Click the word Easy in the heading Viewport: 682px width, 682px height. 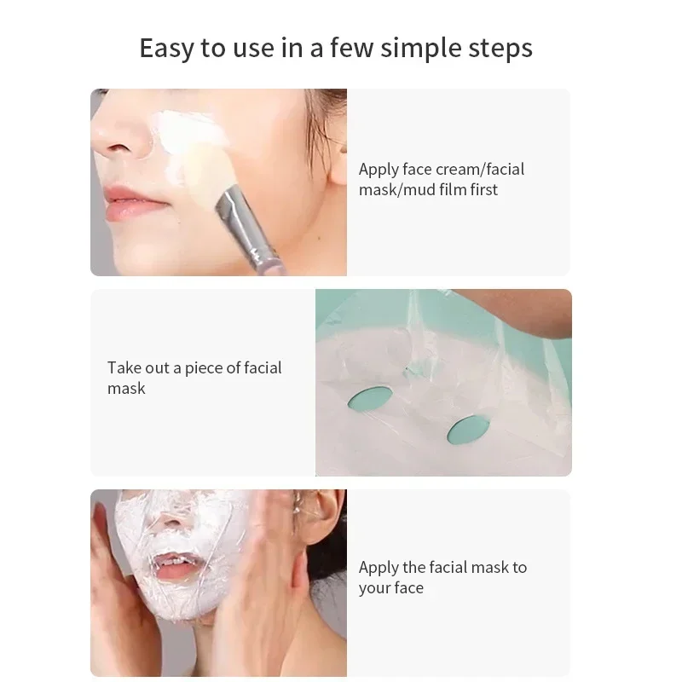(x=167, y=48)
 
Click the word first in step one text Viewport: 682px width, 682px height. (x=483, y=189)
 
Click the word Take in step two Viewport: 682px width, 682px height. (x=124, y=367)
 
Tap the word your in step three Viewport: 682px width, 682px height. (x=374, y=587)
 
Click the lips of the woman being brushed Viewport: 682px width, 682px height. (x=133, y=205)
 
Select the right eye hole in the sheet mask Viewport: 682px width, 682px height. (x=468, y=428)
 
